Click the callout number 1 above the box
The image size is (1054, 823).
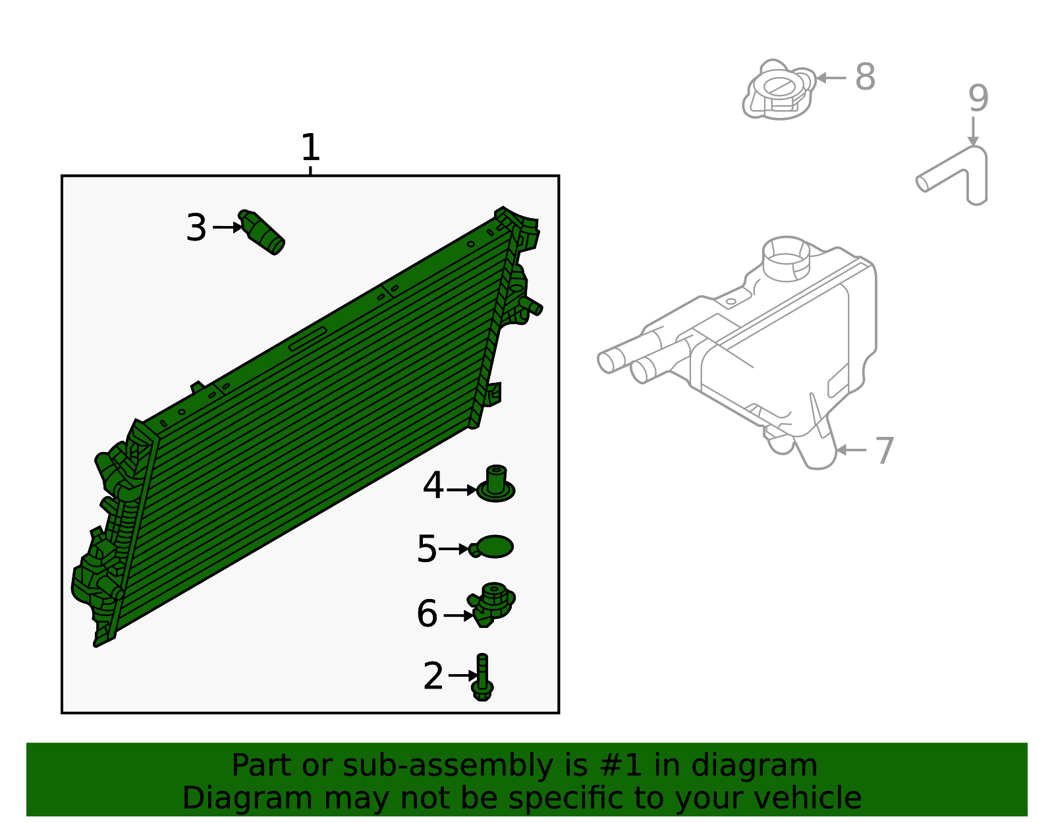310,148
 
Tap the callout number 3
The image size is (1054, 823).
196,228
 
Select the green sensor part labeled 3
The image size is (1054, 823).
263,233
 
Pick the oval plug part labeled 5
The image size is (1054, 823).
493,547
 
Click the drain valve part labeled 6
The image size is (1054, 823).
491,603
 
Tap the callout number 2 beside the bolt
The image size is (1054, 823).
433,677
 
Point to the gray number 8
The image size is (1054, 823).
865,77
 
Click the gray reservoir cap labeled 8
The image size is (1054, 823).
779,90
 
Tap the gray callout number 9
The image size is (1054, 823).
978,99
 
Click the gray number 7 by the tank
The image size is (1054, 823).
885,451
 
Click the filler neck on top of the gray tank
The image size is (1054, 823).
785,258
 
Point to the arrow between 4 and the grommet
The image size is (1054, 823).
462,490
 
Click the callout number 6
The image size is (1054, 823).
427,614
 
